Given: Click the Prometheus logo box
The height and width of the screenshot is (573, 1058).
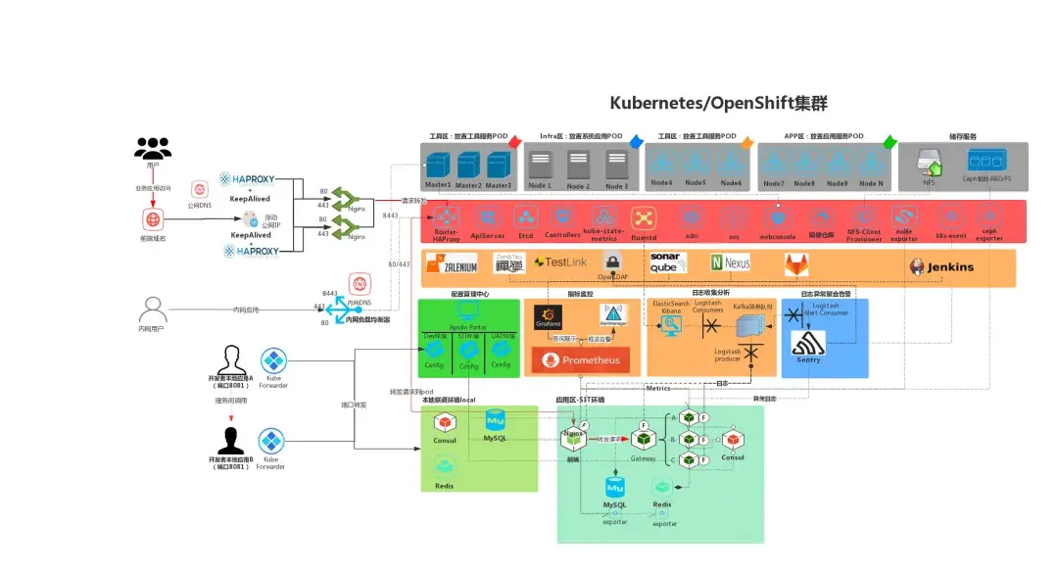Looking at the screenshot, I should [579, 360].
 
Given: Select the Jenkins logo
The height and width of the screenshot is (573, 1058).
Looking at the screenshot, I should [941, 266].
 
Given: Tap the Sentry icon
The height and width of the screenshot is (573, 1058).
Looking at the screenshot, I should [808, 346].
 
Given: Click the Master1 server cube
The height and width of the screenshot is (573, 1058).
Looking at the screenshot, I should [437, 165].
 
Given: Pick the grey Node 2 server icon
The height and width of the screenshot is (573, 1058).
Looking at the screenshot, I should [578, 163].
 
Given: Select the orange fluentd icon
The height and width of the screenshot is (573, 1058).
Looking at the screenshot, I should [644, 217].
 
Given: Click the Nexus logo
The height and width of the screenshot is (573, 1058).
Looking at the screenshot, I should [731, 263].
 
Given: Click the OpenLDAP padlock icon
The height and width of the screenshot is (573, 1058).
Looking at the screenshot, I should [612, 262].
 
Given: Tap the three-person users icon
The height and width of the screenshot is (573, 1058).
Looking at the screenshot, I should [153, 148].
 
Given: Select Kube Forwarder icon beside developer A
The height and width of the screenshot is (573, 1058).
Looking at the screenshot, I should [273, 359].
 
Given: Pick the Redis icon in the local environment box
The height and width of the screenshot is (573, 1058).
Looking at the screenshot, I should [444, 469].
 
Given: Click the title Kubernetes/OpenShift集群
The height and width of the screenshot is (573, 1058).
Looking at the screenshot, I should [719, 103].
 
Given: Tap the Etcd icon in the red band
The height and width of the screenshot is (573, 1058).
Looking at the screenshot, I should [525, 217].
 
